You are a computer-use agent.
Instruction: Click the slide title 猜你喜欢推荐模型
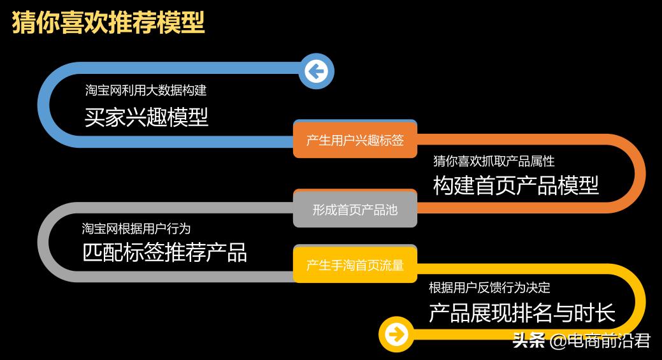(x=108, y=22)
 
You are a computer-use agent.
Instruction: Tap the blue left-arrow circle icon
(x=316, y=71)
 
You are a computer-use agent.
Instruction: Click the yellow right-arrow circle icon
(x=396, y=333)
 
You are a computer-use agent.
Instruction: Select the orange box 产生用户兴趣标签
(x=355, y=140)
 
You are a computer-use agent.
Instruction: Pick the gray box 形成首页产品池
(x=355, y=209)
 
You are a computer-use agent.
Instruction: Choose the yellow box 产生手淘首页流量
(x=355, y=265)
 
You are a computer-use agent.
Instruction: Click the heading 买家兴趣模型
(x=147, y=117)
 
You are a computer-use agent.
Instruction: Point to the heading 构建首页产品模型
(x=516, y=185)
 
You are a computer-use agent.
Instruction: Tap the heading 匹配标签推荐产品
(x=164, y=252)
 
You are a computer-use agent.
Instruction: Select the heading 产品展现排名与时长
(x=522, y=313)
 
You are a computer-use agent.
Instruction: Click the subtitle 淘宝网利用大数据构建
(x=146, y=90)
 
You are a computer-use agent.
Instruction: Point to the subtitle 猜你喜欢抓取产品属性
(x=494, y=161)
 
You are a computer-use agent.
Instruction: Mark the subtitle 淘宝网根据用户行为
(x=136, y=227)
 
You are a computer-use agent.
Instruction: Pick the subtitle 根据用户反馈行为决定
(x=489, y=287)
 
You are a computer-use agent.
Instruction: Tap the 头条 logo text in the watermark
(x=529, y=342)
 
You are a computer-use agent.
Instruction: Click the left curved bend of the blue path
(x=43, y=104)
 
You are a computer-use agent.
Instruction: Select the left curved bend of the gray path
(x=43, y=242)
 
